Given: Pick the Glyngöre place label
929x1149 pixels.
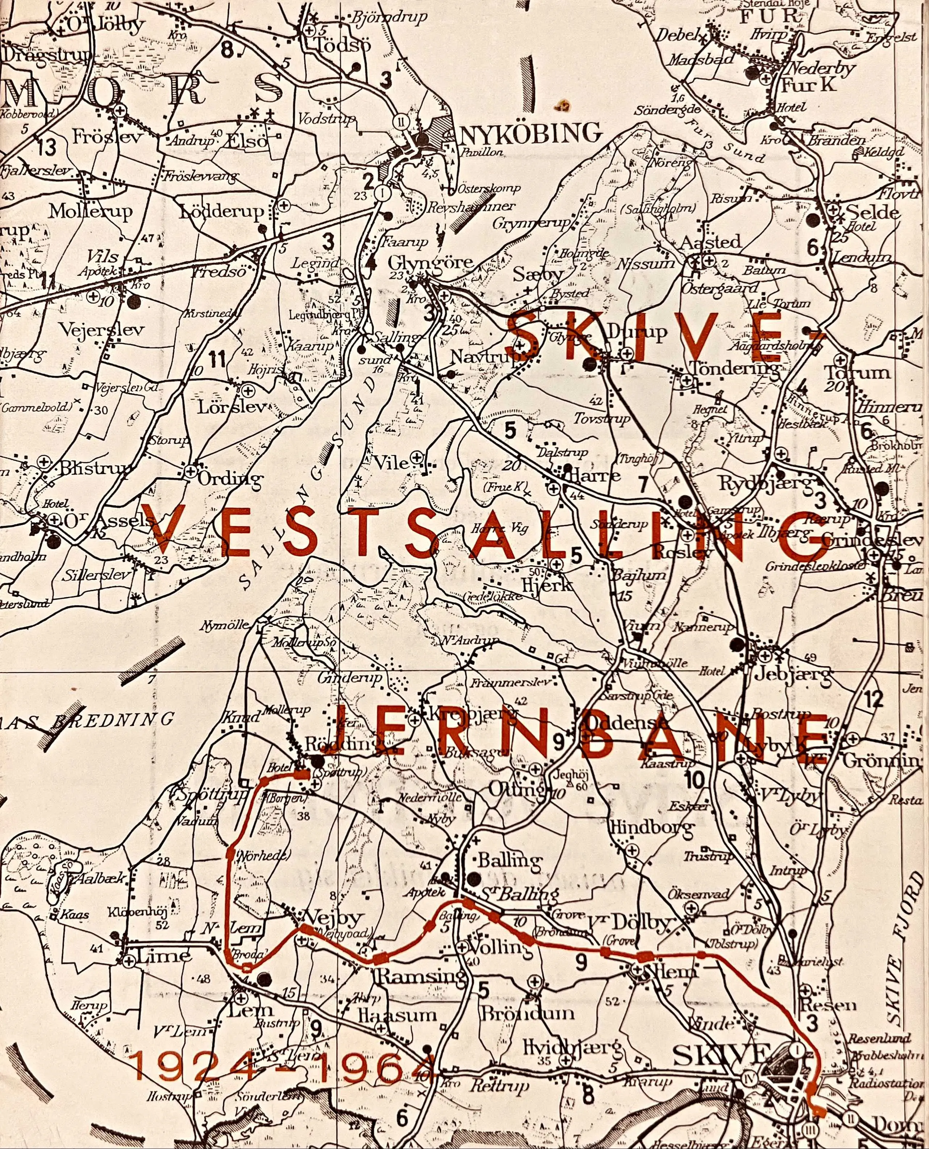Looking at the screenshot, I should pos(431,262).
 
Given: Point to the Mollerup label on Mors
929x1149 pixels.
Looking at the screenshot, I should pos(91,211).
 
